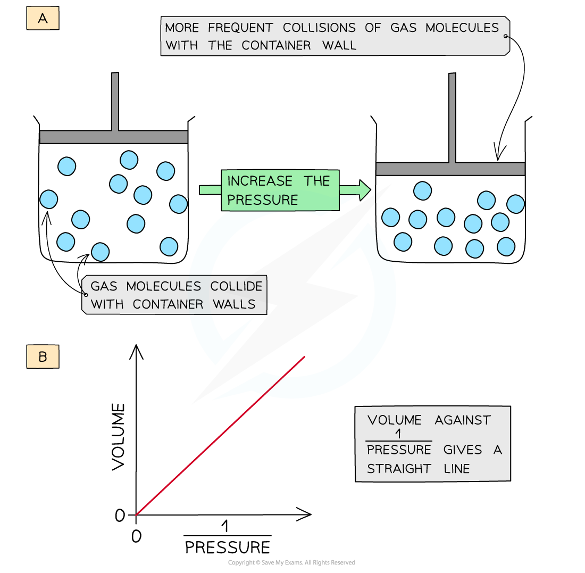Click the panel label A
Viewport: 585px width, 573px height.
[x=43, y=19]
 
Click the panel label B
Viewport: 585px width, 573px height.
[x=43, y=357]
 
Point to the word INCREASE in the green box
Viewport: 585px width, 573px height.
[x=260, y=181]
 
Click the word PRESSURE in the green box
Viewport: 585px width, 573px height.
[x=263, y=200]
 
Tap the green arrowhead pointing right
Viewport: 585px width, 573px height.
[x=364, y=190]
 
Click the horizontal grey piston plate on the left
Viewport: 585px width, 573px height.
[x=114, y=137]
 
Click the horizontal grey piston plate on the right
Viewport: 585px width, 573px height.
[x=450, y=169]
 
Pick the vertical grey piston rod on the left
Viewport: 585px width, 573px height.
[x=115, y=102]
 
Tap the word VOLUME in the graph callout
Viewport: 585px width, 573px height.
[x=394, y=420]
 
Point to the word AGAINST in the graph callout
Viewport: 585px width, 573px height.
[x=463, y=420]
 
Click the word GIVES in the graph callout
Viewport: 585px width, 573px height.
[x=463, y=450]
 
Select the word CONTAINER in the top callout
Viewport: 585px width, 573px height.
[x=276, y=46]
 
